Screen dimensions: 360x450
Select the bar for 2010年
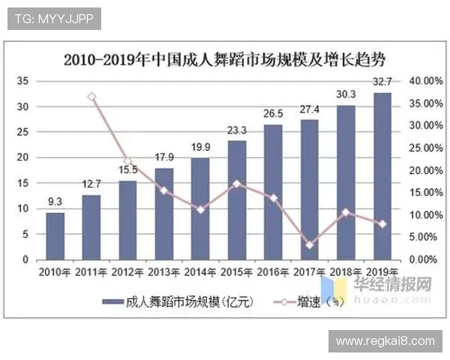55,236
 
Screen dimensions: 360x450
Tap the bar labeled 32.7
382,176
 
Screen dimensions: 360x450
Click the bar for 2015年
237,200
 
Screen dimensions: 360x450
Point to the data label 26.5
273,113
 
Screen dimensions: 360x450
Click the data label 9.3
55,201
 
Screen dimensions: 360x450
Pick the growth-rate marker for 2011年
91,97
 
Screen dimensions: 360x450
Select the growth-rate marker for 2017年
310,244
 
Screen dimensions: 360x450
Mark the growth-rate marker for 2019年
382,223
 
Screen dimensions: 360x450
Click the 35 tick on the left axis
22,81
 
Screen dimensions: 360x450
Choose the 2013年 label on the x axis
164,271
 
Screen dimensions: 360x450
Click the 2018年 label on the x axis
346,271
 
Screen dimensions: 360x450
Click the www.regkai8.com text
385,341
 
